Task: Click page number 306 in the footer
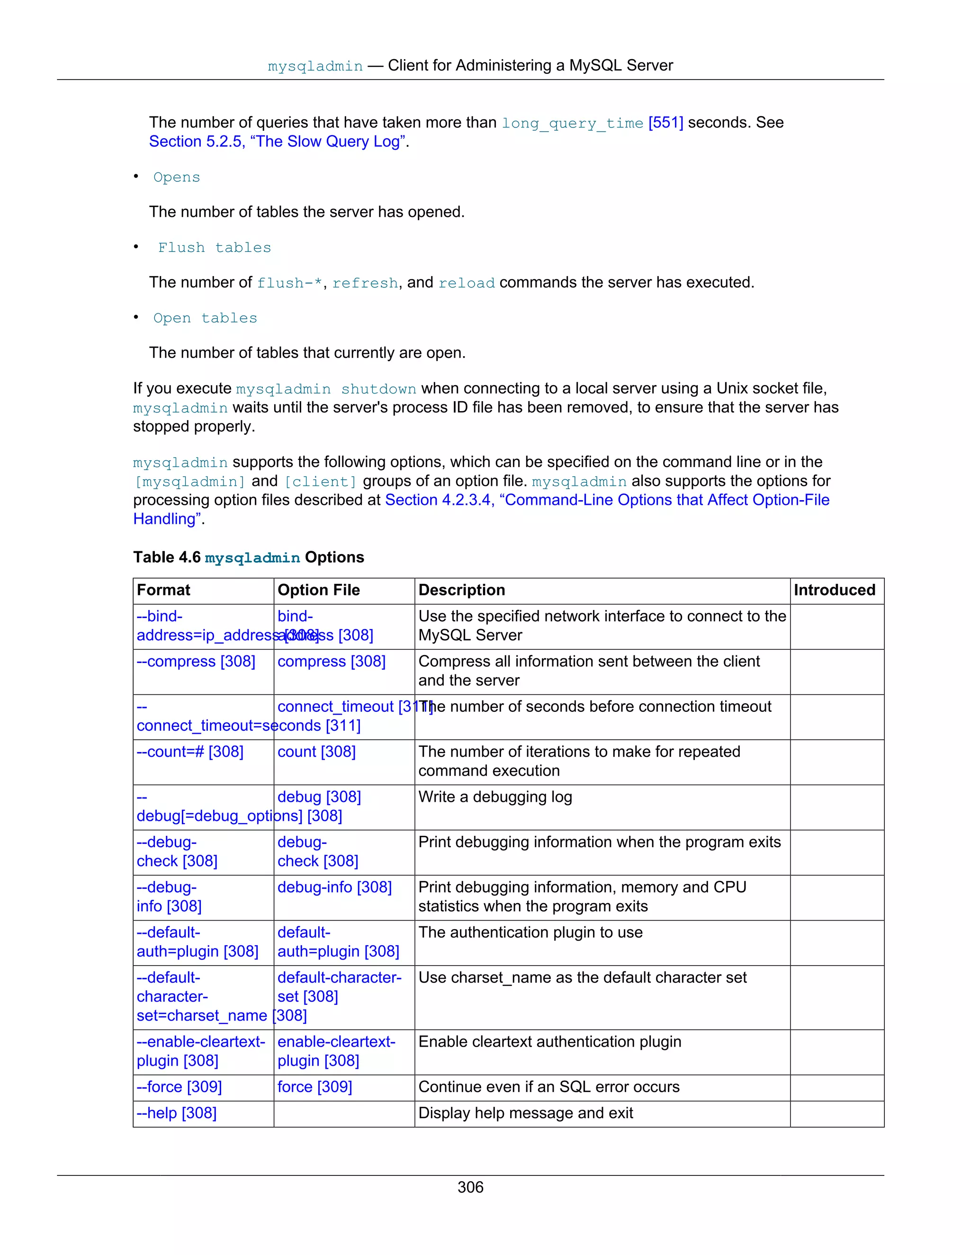pyautogui.click(x=470, y=1187)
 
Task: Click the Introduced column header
pyautogui.click(x=835, y=590)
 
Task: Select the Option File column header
pyautogui.click(x=319, y=590)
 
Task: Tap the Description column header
pyautogui.click(x=461, y=590)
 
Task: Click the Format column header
pyautogui.click(x=164, y=590)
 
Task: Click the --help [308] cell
pyautogui.click(x=176, y=1113)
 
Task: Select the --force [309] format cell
pyautogui.click(x=180, y=1086)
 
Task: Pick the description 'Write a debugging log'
pyautogui.click(x=495, y=797)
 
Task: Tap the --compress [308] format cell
pyautogui.click(x=196, y=662)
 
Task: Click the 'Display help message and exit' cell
pyautogui.click(x=525, y=1113)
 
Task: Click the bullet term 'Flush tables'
pyautogui.click(x=215, y=248)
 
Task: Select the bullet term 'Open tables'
pyautogui.click(x=205, y=318)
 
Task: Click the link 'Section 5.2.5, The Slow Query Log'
pyautogui.click(x=278, y=141)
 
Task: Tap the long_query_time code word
pyautogui.click(x=572, y=123)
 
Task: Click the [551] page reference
pyautogui.click(x=665, y=122)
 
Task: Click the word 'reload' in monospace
pyautogui.click(x=466, y=283)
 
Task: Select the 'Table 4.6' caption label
pyautogui.click(x=167, y=557)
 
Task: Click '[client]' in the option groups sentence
pyautogui.click(x=321, y=482)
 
